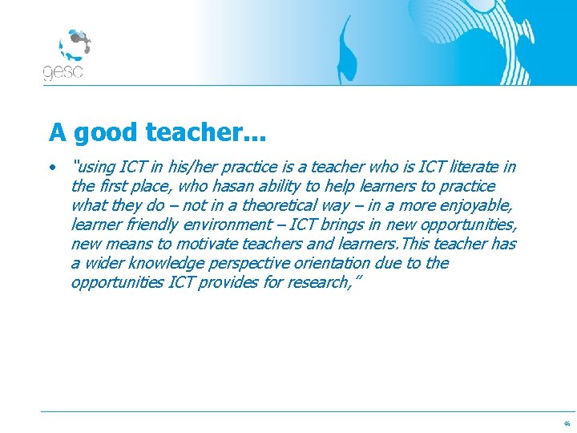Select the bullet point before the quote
click(51, 168)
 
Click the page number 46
click(567, 423)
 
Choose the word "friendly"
click(154, 225)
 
